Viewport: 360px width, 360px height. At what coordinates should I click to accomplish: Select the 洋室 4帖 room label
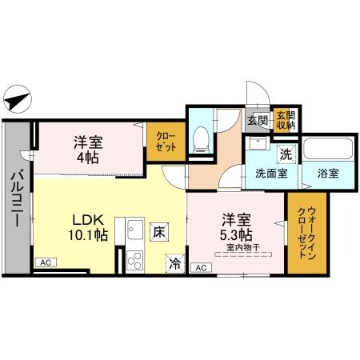[87, 150]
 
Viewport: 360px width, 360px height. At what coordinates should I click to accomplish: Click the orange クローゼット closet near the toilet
[166, 142]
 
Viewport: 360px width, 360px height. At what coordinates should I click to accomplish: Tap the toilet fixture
[202, 138]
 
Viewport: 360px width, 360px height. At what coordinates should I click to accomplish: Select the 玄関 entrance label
[257, 122]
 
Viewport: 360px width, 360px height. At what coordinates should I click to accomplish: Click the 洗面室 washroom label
[272, 174]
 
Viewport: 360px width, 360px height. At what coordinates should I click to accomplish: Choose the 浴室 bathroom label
[328, 174]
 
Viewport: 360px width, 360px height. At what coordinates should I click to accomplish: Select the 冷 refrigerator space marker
[174, 261]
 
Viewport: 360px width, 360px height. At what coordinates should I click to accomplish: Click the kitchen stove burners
[134, 260]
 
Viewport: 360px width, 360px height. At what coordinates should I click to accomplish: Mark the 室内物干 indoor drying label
[238, 248]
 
